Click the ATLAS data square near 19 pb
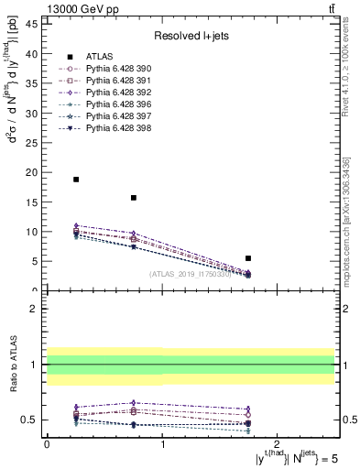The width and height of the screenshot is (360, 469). point(76,180)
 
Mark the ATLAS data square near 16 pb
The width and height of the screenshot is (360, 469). point(134,198)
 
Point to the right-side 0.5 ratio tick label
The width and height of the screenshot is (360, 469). point(348,420)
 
